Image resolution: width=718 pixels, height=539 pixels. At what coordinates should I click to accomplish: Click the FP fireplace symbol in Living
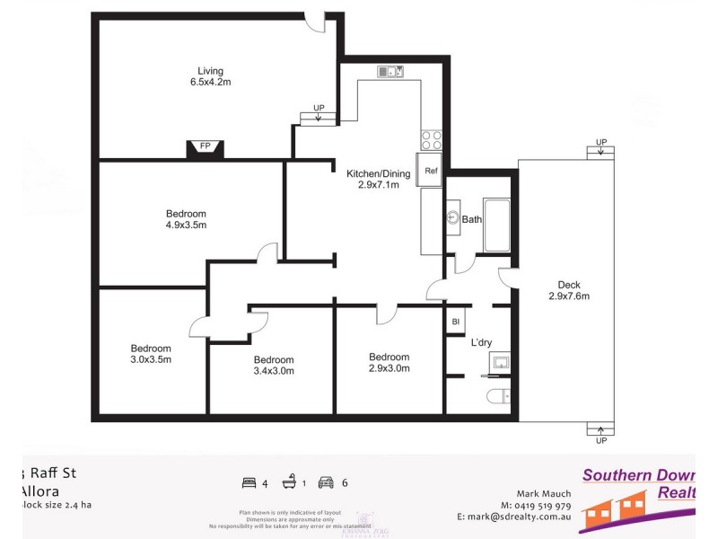pos(205,147)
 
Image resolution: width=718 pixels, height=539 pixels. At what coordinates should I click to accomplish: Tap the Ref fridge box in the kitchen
pos(431,171)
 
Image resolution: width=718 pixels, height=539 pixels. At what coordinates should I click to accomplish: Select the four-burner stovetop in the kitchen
pos(431,140)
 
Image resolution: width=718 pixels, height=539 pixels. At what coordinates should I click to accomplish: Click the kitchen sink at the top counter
pos(390,71)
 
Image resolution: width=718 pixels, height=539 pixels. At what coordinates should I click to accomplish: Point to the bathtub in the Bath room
pos(496,225)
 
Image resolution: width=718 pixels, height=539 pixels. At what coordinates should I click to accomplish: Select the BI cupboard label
pos(456,322)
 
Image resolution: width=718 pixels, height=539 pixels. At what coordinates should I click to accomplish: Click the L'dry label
pos(481,342)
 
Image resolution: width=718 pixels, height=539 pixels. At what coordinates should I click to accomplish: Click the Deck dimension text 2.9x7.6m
pos(568,296)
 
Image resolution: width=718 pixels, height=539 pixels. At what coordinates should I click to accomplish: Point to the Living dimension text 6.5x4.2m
pos(211,82)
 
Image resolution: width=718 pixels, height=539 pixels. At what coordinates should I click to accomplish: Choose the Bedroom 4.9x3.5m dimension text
pos(186,225)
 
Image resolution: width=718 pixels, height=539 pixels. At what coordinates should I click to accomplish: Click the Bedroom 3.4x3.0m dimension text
pos(274,371)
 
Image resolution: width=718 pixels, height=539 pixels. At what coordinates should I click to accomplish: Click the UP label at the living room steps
pos(319,109)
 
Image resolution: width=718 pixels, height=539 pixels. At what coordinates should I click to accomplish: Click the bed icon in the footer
pos(249,482)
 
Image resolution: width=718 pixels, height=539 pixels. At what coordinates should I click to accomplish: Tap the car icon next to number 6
pos(325,482)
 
